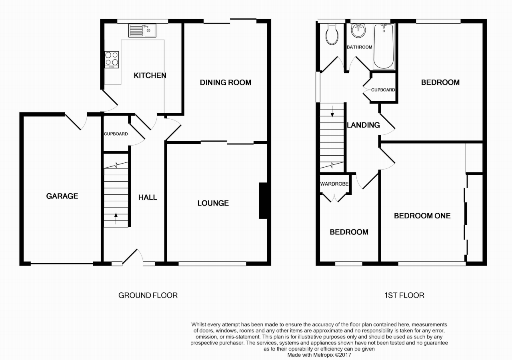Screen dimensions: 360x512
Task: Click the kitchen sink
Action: [x=142, y=30]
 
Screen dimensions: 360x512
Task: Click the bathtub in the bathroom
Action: [x=384, y=47]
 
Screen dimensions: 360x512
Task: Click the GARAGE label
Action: [x=62, y=196]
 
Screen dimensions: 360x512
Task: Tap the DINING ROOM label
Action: [x=226, y=82]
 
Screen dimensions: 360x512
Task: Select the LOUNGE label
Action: [x=213, y=203]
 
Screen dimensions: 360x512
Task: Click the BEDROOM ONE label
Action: [x=422, y=216]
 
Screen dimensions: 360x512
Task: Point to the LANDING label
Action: [x=363, y=125]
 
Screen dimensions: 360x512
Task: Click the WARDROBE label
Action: [x=334, y=184]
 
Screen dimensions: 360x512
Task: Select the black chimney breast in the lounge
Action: [x=263, y=201]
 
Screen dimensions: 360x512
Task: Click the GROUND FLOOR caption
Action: [x=148, y=296]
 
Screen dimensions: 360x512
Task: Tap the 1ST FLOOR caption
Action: [x=404, y=296]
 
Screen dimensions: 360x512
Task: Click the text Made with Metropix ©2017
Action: [x=319, y=354]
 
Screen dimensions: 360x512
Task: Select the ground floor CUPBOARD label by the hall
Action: [x=116, y=134]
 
